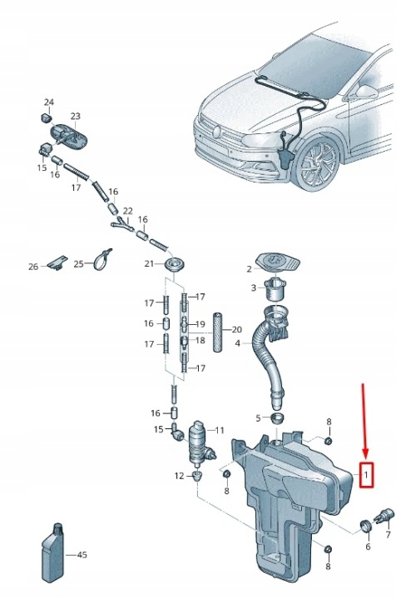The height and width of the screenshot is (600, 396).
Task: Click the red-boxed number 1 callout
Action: [x=366, y=475]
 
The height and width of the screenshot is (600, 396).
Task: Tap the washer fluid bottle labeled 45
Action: [x=53, y=553]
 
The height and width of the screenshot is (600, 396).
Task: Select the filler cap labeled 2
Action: [x=278, y=262]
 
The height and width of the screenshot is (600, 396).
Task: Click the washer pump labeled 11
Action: [x=200, y=444]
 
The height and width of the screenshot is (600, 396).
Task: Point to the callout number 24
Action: [x=49, y=102]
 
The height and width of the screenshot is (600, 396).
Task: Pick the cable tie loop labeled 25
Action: [x=102, y=259]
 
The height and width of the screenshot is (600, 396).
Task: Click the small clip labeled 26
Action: [x=57, y=262]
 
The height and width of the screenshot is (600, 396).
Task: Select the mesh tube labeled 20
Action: [x=218, y=332]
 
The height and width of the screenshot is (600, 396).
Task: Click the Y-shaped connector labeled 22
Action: [x=121, y=224]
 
